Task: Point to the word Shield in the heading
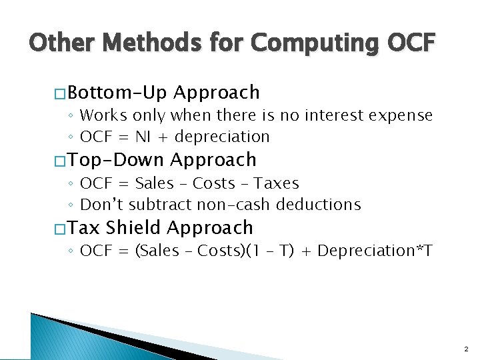tap(133, 228)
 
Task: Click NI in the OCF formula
tap(143, 137)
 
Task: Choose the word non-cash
tap(230, 205)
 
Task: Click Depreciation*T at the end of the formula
tap(375, 251)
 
